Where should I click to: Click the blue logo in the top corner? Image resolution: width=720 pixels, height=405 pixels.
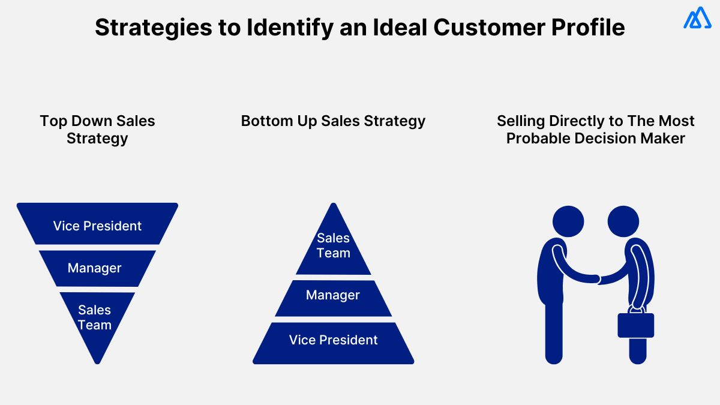(697, 18)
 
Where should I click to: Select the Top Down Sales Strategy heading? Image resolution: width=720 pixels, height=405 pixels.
(97, 130)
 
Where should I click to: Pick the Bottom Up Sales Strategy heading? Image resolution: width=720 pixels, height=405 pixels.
(333, 121)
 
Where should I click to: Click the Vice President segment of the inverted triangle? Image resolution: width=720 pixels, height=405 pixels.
(97, 226)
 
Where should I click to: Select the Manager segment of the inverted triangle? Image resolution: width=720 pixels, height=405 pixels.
(95, 268)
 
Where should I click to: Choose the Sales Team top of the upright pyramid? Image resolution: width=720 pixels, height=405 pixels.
(333, 245)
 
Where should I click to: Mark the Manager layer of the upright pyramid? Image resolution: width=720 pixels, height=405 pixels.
(333, 295)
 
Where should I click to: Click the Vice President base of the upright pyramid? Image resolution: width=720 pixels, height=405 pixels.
(333, 341)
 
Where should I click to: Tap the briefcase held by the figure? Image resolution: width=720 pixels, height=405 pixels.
(636, 325)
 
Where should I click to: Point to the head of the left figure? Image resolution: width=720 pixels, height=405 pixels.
(568, 221)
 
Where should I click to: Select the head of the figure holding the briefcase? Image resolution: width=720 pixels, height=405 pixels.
(623, 221)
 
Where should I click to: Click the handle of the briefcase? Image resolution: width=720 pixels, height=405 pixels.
(636, 310)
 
